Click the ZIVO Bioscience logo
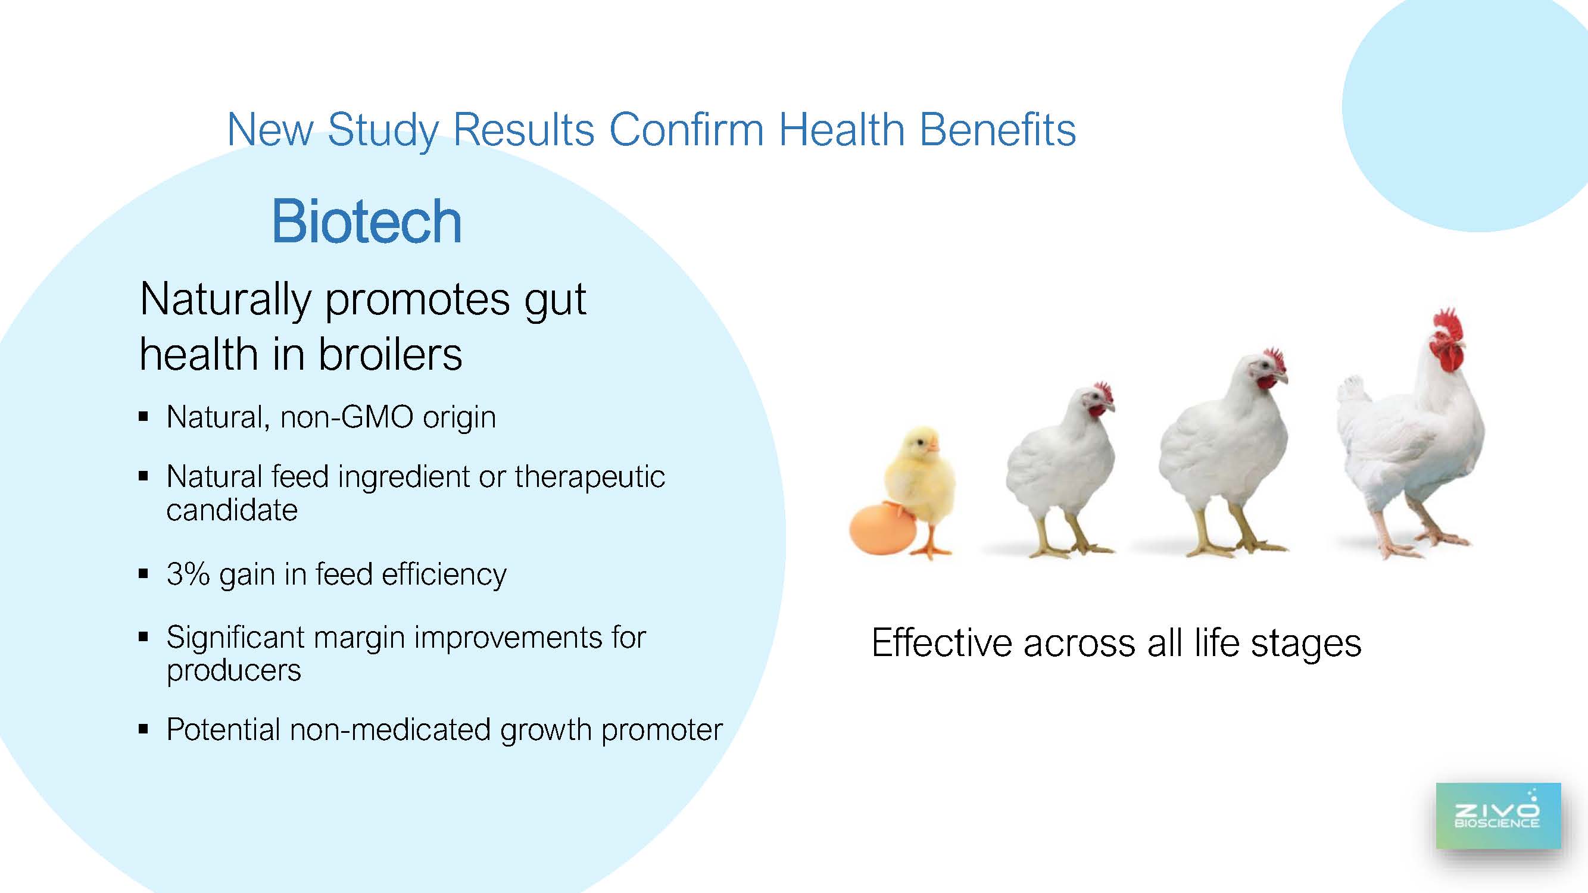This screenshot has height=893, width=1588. point(1498,816)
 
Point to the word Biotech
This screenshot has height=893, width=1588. point(367,221)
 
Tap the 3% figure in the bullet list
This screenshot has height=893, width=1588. point(188,574)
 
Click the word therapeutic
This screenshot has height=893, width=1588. point(590,477)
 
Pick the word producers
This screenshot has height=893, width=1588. point(233,671)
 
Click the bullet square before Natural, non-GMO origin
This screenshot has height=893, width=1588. point(143,417)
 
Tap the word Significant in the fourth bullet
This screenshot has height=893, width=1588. point(235,638)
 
